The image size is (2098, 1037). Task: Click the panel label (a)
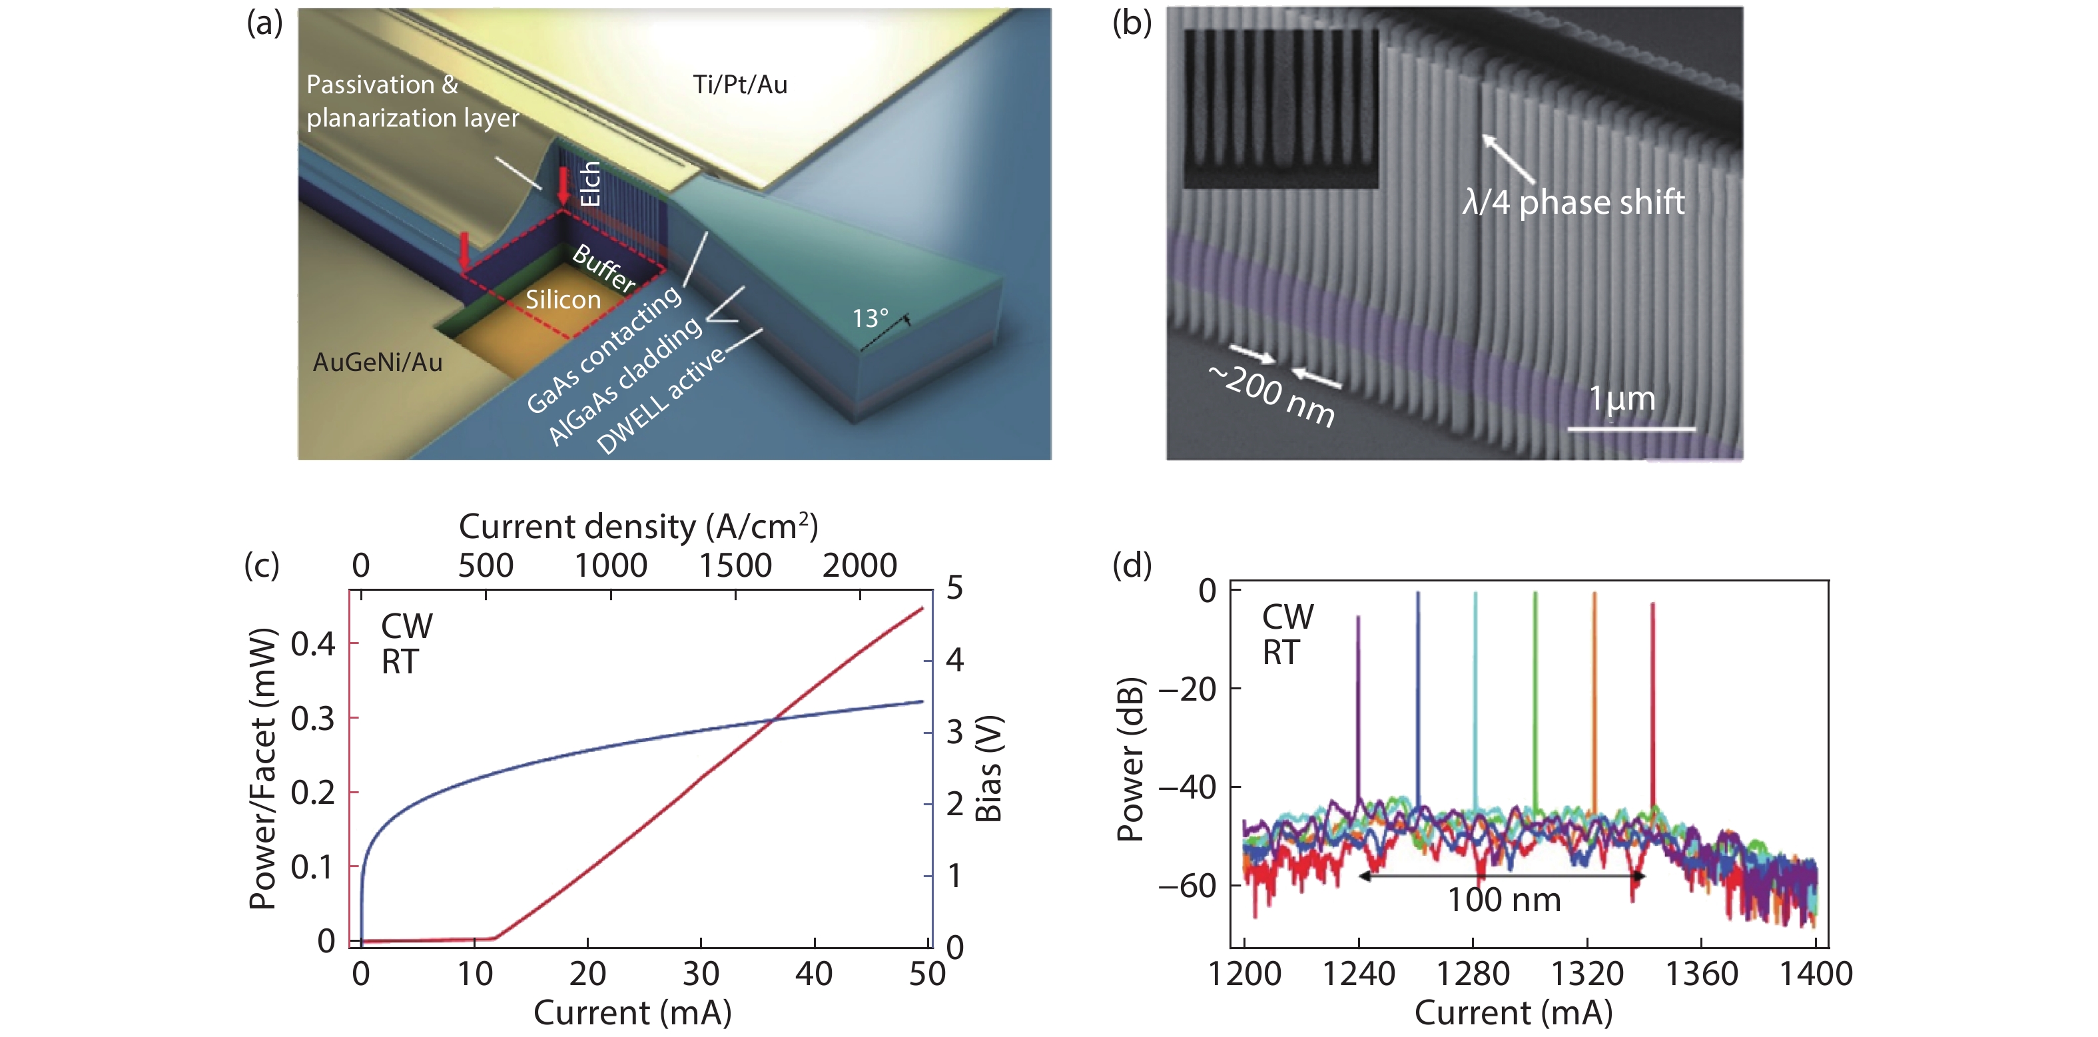pyautogui.click(x=264, y=23)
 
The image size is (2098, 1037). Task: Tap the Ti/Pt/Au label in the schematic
pyautogui.click(x=739, y=85)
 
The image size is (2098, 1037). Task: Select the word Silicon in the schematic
pyautogui.click(x=563, y=300)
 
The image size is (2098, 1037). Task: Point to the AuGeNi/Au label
pyautogui.click(x=377, y=362)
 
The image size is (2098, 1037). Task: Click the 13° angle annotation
pyautogui.click(x=870, y=318)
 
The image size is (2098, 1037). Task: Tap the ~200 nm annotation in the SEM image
pyautogui.click(x=1272, y=395)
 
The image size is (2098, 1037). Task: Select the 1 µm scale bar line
pyautogui.click(x=1631, y=428)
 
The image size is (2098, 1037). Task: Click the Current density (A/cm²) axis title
pyautogui.click(x=637, y=527)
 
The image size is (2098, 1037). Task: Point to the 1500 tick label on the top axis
pyautogui.click(x=735, y=565)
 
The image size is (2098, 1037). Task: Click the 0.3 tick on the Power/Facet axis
pyautogui.click(x=313, y=719)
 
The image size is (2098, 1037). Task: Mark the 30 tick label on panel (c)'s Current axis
pyautogui.click(x=701, y=974)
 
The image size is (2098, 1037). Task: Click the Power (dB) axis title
pyautogui.click(x=1130, y=759)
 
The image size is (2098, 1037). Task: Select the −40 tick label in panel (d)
pyautogui.click(x=1188, y=787)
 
